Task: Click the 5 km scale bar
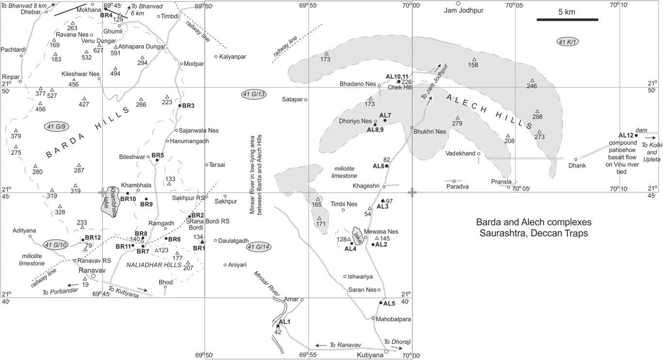[567, 19]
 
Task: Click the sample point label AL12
[626, 135]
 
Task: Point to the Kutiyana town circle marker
[386, 351]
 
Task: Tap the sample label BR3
[188, 106]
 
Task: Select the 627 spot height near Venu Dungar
[98, 50]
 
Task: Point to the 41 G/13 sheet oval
[254, 94]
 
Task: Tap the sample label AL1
[284, 322]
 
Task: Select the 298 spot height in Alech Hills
[537, 117]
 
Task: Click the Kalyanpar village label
[233, 57]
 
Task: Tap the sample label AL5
[389, 304]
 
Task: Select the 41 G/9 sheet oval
[56, 127]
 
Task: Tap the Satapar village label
[291, 99]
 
